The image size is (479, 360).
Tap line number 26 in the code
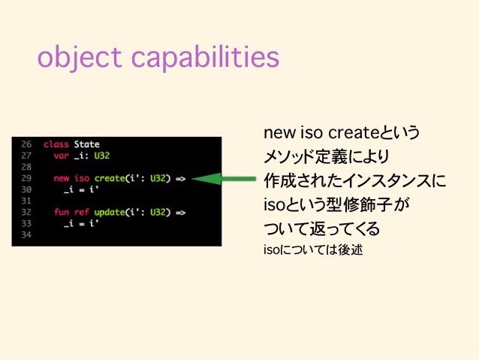[26, 144]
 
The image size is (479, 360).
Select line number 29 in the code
[26, 178]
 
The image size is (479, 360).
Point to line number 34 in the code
[26, 234]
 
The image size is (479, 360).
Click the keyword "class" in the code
[55, 144]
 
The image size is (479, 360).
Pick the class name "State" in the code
[86, 144]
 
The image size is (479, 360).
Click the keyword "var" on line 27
[62, 155]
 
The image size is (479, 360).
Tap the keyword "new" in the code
[62, 178]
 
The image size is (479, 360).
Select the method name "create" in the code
[110, 178]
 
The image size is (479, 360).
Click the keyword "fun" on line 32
[62, 212]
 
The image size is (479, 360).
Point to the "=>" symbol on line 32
[180, 212]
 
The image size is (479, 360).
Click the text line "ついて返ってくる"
[321, 228]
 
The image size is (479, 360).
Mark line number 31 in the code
[26, 201]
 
